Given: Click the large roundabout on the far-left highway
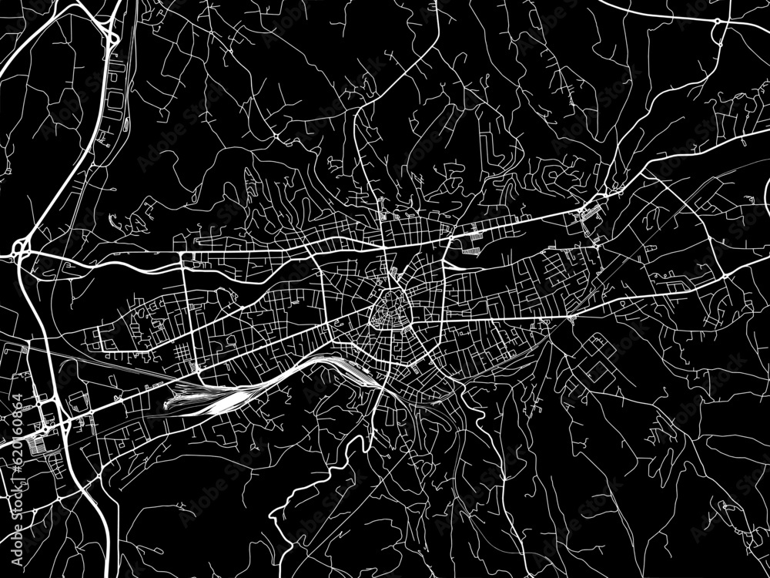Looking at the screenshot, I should tap(21, 249).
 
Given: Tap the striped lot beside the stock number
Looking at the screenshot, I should tap(35, 443).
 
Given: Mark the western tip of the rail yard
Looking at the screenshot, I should tap(166, 403).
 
